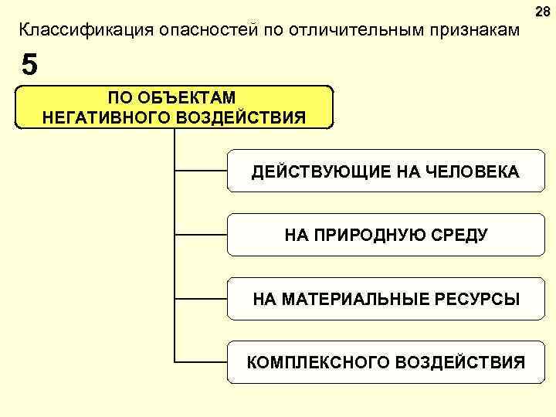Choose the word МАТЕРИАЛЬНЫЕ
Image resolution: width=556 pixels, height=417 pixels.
[x=359, y=298]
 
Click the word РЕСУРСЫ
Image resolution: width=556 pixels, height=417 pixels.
[x=476, y=298]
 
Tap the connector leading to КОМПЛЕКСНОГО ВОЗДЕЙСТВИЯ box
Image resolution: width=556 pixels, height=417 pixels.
[x=201, y=361]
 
